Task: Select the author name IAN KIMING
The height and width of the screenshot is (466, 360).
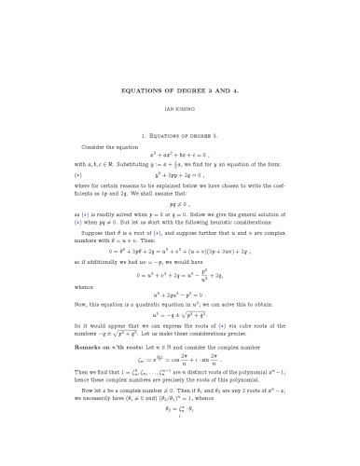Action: [179, 108]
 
